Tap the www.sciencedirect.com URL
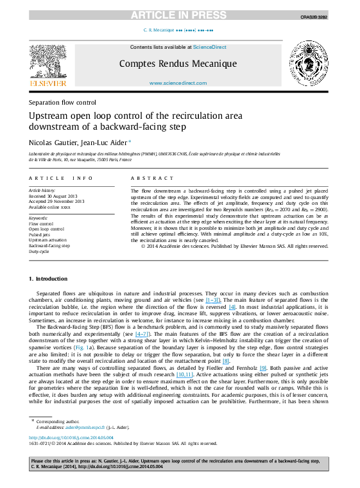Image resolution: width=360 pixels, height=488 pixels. pyautogui.click(x=180, y=83)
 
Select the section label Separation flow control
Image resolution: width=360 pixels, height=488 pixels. pyautogui.click(x=62, y=103)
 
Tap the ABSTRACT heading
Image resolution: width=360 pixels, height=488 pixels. pyautogui.click(x=150, y=177)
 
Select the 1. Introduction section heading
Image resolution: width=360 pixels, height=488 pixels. pyautogui.click(x=44, y=278)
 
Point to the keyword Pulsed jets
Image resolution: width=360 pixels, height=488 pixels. pyautogui.click(x=39, y=234)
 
